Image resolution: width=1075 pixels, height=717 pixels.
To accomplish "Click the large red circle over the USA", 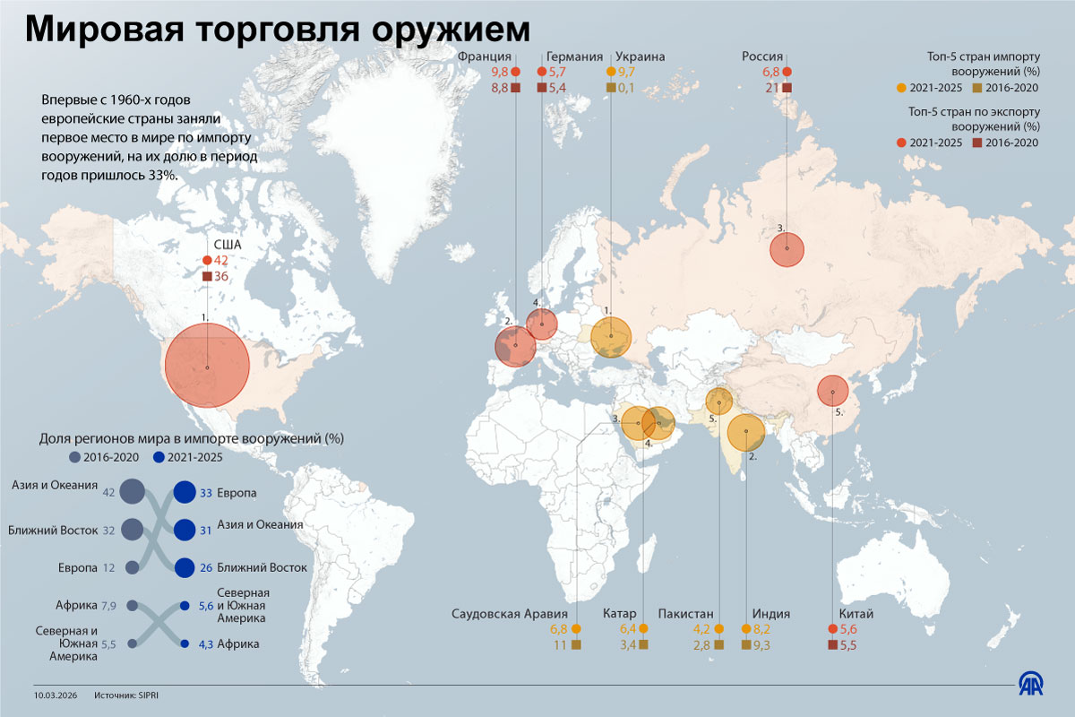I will pos(207,367).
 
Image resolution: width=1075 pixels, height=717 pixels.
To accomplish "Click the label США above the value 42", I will pos(228,244).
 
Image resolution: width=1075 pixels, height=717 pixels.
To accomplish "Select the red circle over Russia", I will pos(787,248).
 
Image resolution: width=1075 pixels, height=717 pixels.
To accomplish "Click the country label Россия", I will pos(762,56).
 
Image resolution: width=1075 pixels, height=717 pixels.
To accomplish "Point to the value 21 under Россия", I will pos(769,87).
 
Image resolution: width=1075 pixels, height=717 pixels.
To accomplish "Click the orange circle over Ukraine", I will pos(611,337).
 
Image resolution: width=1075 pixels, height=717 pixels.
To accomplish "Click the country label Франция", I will pos(484,56).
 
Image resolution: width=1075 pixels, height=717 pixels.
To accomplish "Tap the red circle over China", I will pos(833,391).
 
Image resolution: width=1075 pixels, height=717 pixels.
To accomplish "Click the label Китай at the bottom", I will pos(856,614).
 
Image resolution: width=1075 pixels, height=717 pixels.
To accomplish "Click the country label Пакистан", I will pos(685,614).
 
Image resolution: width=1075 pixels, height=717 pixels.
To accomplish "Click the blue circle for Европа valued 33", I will pos(185,493).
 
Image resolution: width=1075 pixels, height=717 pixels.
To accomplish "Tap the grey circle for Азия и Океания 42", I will pos(132,492).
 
